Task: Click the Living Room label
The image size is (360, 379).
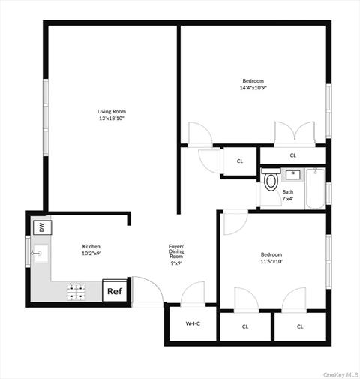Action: pos(110,111)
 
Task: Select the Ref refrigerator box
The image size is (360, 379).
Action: pos(114,291)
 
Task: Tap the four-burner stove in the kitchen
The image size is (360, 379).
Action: pos(77,290)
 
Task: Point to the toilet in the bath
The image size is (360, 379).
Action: pos(270,181)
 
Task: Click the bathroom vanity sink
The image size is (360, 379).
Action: pos(292,175)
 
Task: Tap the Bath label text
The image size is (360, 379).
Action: pos(288,191)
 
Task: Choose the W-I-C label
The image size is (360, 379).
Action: pos(193,323)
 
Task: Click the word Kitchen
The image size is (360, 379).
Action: pos(91,246)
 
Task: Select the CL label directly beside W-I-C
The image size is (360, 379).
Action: pos(245,326)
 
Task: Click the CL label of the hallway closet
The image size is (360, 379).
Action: pos(240,161)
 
